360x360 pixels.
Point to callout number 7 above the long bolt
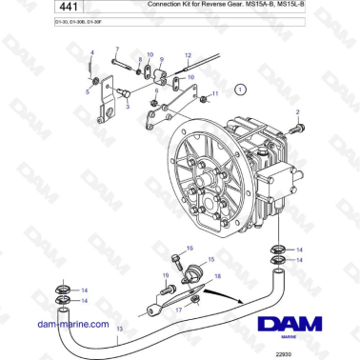tap(117, 49)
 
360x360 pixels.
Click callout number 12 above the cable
tap(188, 56)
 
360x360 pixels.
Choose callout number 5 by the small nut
tap(88, 92)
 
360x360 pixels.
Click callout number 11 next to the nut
tap(215, 94)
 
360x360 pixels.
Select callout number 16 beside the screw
tap(190, 248)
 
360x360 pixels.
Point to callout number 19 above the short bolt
tap(165, 275)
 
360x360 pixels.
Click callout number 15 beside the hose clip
tap(212, 258)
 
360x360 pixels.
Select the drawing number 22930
tap(307, 352)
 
